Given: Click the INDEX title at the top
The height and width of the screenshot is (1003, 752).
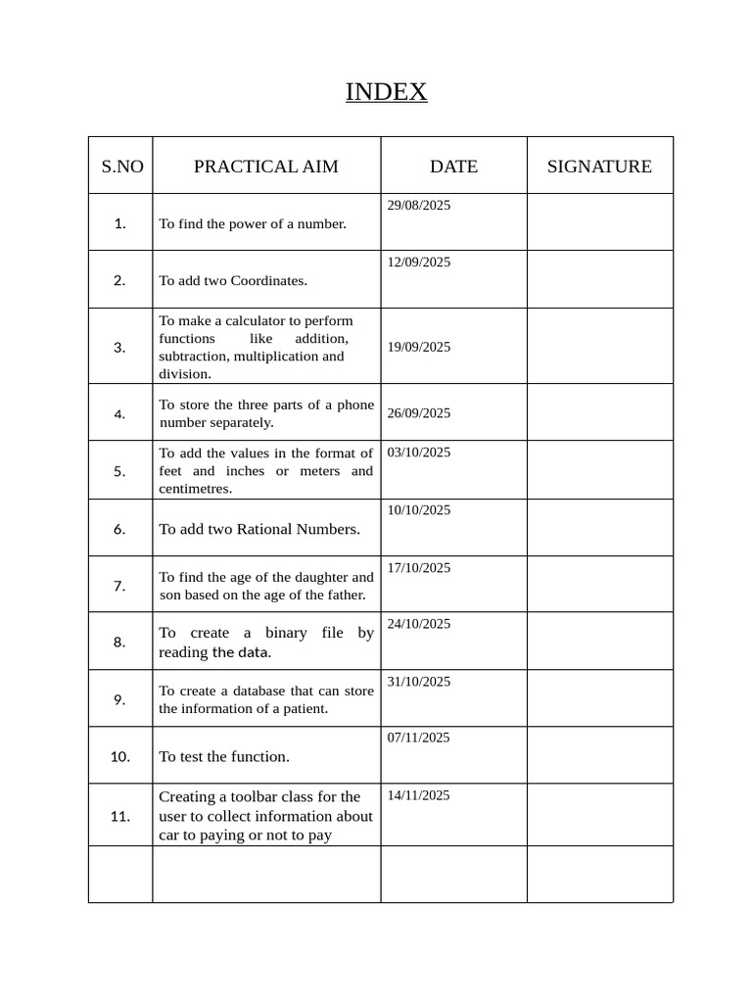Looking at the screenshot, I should coord(386,92).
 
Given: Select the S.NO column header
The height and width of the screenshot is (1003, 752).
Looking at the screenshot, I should coord(121,167).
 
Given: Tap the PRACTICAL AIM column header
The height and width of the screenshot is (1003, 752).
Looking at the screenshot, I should coord(265,167).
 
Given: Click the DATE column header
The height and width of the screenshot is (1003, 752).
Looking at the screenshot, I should coord(453,167).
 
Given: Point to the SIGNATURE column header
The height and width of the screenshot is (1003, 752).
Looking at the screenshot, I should coord(598,167).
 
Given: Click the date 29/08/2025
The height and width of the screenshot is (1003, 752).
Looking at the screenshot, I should coord(419,206).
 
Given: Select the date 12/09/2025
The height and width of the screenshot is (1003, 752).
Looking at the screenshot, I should coord(419,263).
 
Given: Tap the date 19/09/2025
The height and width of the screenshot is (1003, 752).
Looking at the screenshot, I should coord(419,347).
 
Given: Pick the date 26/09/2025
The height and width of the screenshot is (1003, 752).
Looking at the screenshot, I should coord(419,413).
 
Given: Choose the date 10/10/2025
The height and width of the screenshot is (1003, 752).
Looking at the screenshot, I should coord(419,510).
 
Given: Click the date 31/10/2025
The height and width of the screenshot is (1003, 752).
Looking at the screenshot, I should coord(419,682).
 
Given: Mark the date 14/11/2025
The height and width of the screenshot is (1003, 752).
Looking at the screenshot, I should coord(419,795).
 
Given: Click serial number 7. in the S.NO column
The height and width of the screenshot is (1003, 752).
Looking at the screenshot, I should coord(119,586).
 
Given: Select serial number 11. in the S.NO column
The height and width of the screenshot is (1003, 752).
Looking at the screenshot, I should coord(120,816).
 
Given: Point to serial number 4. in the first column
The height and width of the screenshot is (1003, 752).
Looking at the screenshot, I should coord(119,413).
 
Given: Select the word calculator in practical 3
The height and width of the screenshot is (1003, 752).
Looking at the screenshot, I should coord(243,320).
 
